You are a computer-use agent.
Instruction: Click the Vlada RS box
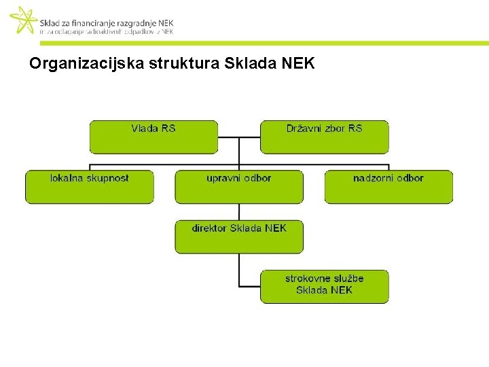coord(153,137)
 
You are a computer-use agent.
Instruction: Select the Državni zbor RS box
coord(325,137)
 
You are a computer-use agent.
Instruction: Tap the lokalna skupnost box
coord(90,187)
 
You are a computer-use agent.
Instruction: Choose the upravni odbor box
coord(239,187)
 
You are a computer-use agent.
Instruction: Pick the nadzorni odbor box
coord(388,187)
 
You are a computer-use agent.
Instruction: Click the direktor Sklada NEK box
coord(239,237)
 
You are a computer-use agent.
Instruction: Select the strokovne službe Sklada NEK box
coord(325,286)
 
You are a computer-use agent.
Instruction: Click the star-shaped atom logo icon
coord(24,20)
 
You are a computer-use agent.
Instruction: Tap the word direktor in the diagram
coord(209,228)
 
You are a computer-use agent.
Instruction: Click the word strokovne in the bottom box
coord(306,278)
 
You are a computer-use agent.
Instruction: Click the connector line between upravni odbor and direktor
coord(239,211)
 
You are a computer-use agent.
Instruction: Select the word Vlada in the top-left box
coord(144,128)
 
